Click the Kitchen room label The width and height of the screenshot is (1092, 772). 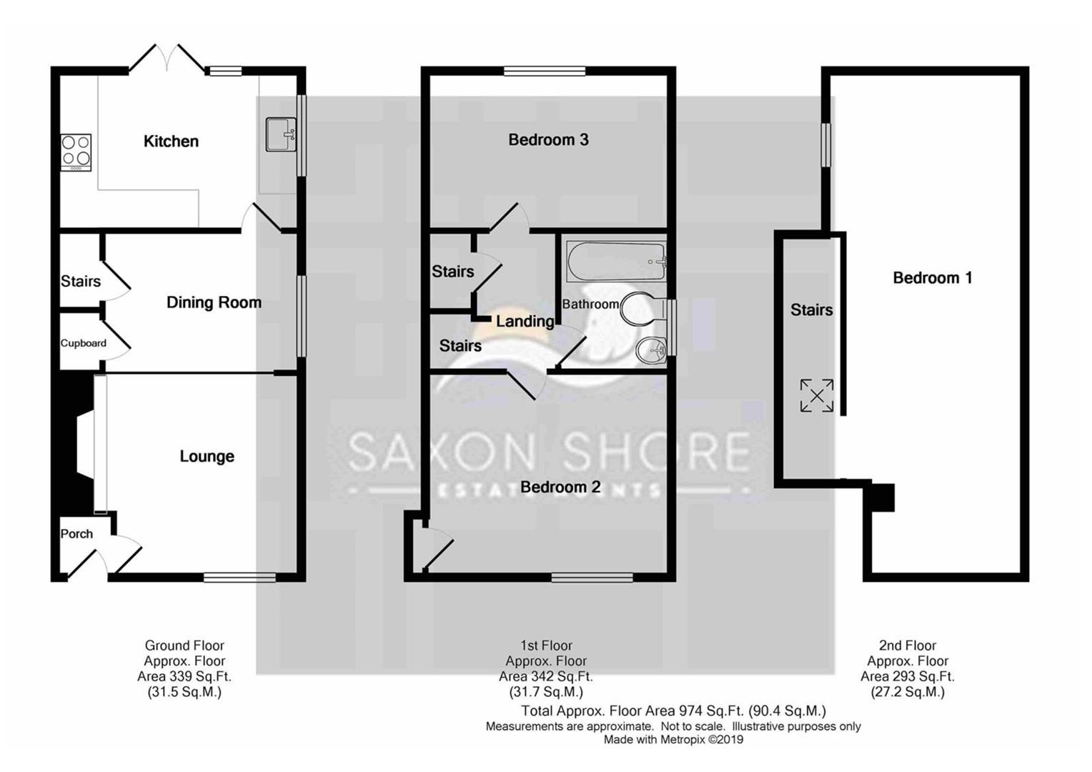click(171, 141)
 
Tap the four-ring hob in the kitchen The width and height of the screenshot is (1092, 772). click(76, 151)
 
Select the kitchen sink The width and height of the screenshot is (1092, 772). click(280, 134)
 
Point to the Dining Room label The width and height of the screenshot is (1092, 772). click(214, 302)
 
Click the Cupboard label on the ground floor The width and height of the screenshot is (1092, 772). click(83, 343)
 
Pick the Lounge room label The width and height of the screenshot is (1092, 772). click(207, 456)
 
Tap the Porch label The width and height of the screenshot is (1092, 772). click(76, 533)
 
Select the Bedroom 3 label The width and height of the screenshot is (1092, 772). click(548, 139)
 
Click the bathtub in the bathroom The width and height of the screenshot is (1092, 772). click(616, 260)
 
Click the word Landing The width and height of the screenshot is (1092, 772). click(525, 321)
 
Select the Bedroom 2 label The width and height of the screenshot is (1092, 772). click(560, 487)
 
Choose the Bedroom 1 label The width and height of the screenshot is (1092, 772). click(932, 277)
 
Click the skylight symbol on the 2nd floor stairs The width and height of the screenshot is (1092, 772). click(816, 395)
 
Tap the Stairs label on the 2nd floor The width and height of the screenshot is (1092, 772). click(811, 310)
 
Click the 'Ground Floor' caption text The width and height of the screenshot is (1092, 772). click(184, 645)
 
